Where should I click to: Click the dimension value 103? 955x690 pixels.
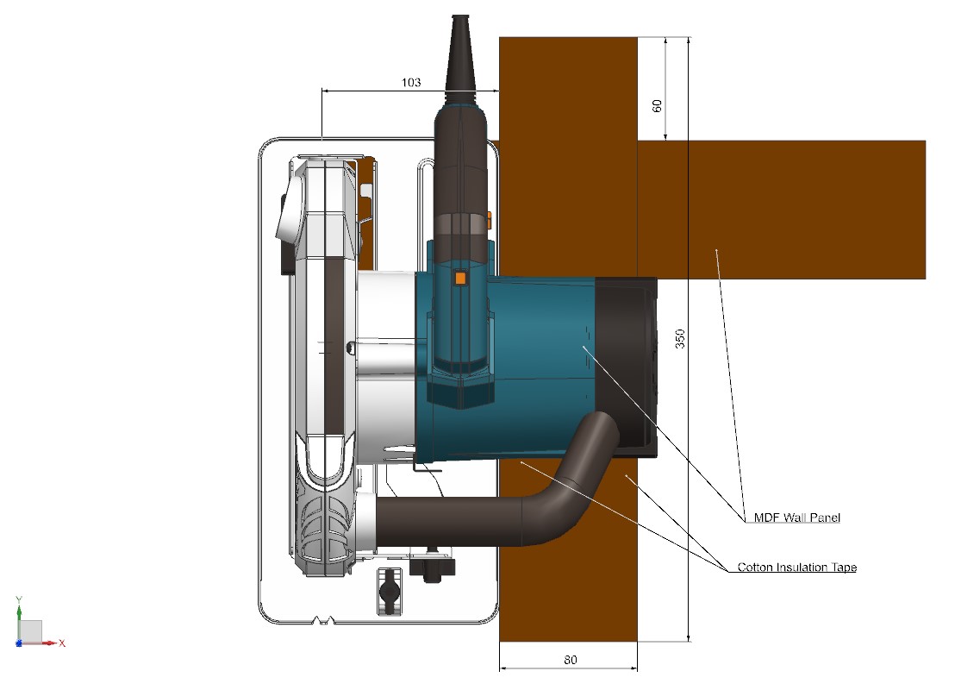[x=411, y=82]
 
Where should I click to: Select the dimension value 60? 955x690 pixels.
[x=658, y=106]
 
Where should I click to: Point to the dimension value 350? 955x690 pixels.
[x=680, y=337]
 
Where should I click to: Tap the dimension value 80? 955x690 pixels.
[x=570, y=660]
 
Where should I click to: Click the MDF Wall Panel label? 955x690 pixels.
[x=796, y=517]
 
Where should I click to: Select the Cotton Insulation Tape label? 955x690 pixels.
[x=796, y=568]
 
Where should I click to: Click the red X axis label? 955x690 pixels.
[x=62, y=643]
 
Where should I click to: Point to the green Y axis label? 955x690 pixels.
[x=18, y=599]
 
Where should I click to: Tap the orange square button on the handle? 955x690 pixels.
[x=459, y=279]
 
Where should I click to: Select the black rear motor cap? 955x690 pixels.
[x=626, y=362]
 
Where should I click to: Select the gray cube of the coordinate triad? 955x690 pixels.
[x=30, y=630]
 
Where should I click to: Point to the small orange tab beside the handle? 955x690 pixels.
[x=489, y=219]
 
